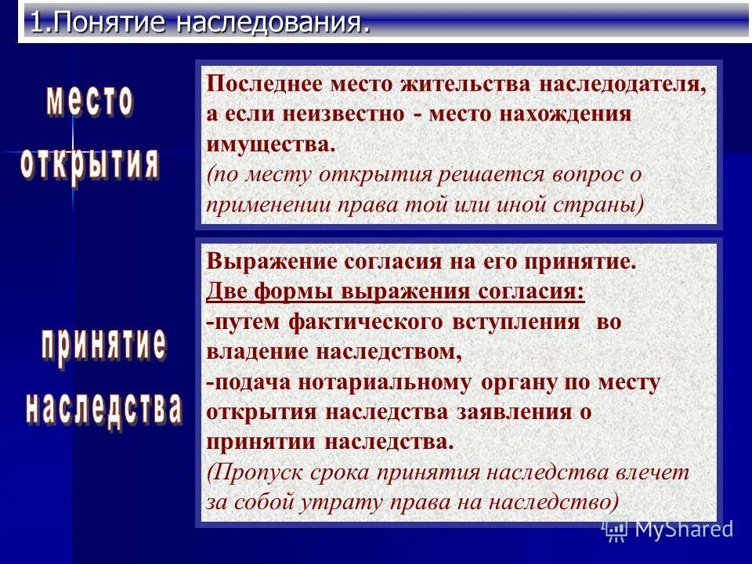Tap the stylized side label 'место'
point(89,103)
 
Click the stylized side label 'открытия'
point(89,163)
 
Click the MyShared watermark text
point(683,529)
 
